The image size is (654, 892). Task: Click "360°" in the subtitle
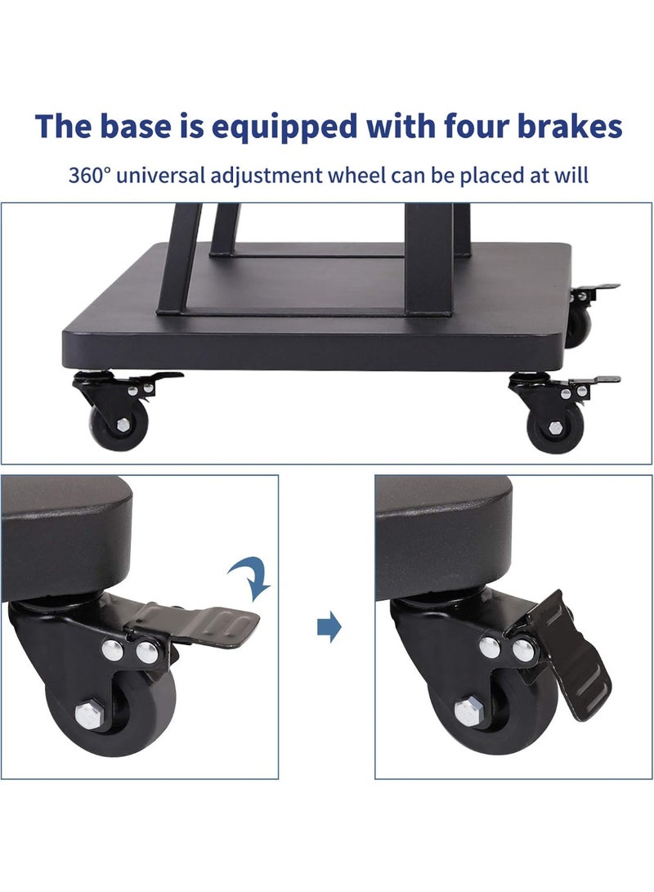click(90, 175)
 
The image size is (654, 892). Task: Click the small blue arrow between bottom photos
click(328, 629)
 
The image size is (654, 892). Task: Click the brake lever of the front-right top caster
click(593, 381)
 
